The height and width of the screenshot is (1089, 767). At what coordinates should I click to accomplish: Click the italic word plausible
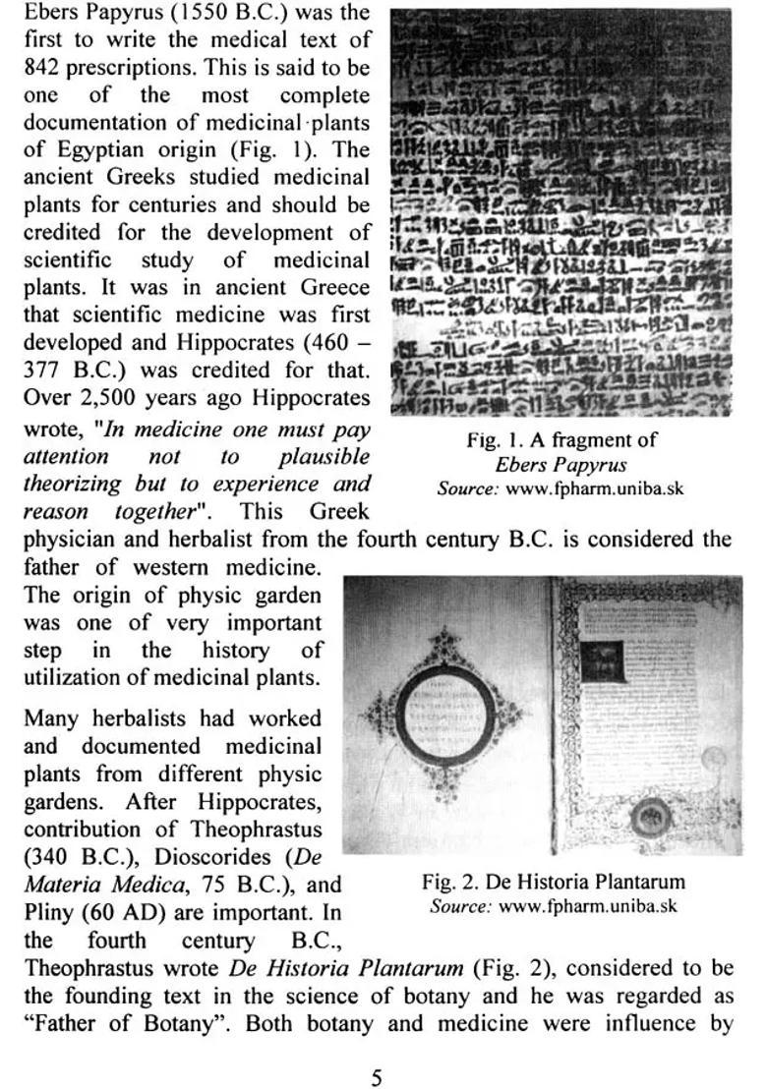[x=324, y=457]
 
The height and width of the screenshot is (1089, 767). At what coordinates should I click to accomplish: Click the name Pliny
[x=49, y=911]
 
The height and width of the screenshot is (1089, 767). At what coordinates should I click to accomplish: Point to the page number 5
[x=376, y=1078]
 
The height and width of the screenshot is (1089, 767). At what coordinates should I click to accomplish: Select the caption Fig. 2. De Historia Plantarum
[x=553, y=882]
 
